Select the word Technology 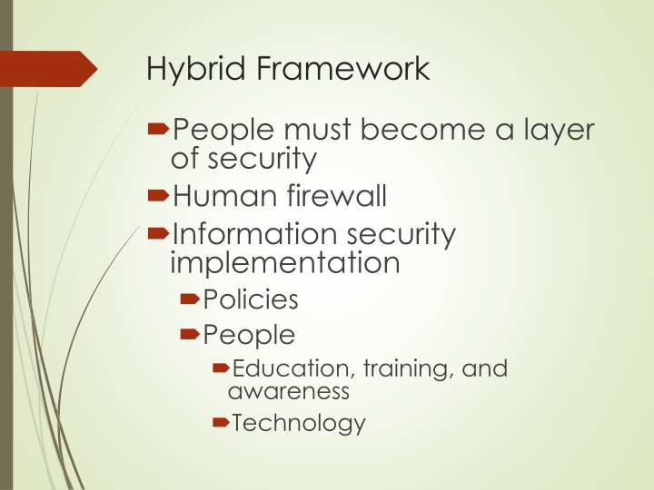(299, 423)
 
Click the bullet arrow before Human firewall (158, 194)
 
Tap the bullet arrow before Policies (190, 298)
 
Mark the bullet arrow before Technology (220, 423)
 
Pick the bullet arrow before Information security (158, 233)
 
